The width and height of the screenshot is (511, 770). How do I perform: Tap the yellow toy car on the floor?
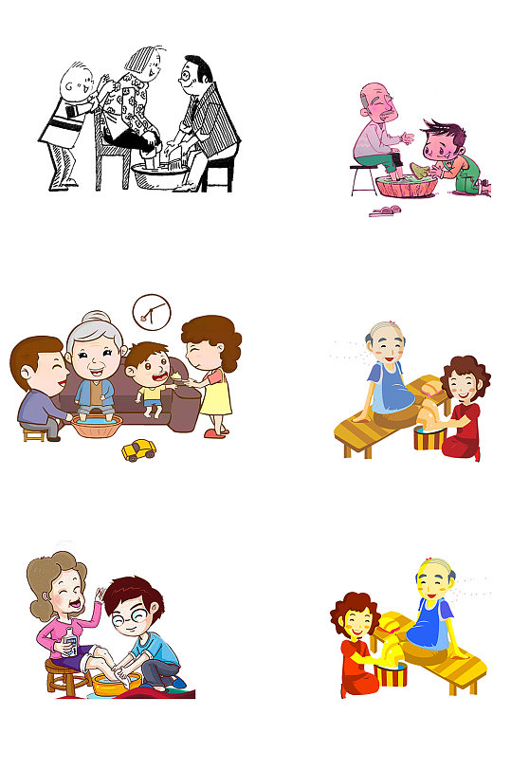138,449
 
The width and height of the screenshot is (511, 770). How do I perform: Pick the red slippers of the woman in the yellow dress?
214,431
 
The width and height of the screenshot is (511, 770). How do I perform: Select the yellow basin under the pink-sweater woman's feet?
114,682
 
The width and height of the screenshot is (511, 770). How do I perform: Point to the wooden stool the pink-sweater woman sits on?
62,675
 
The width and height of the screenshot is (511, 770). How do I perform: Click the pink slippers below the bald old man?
384,211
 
